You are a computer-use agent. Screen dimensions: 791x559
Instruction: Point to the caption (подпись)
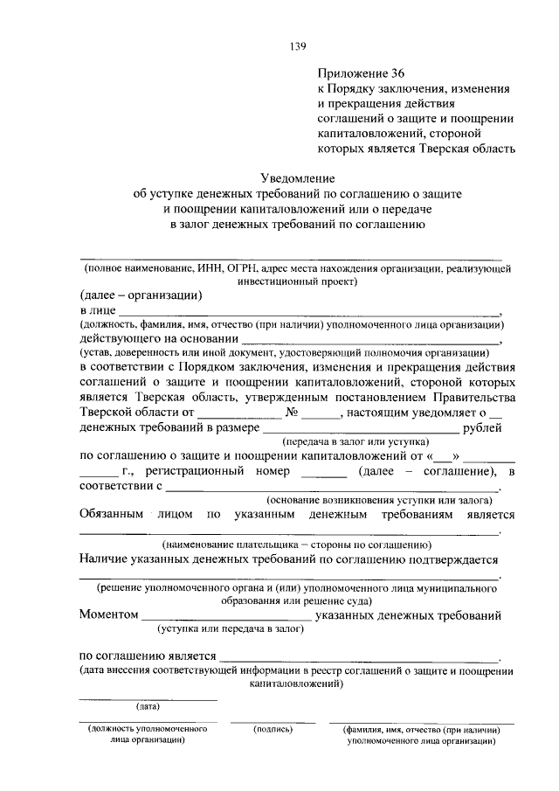pyautogui.click(x=272, y=727)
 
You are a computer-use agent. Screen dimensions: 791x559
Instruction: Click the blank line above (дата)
pyautogui.click(x=148, y=698)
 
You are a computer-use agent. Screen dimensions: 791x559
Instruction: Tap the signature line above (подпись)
pyautogui.click(x=273, y=721)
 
